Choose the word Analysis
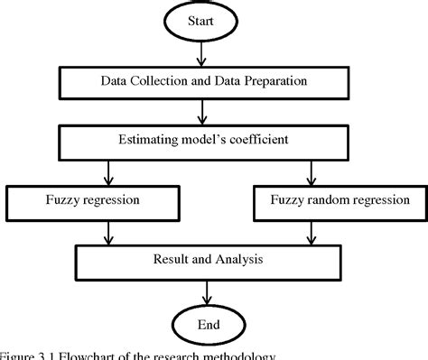[x=237, y=261]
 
